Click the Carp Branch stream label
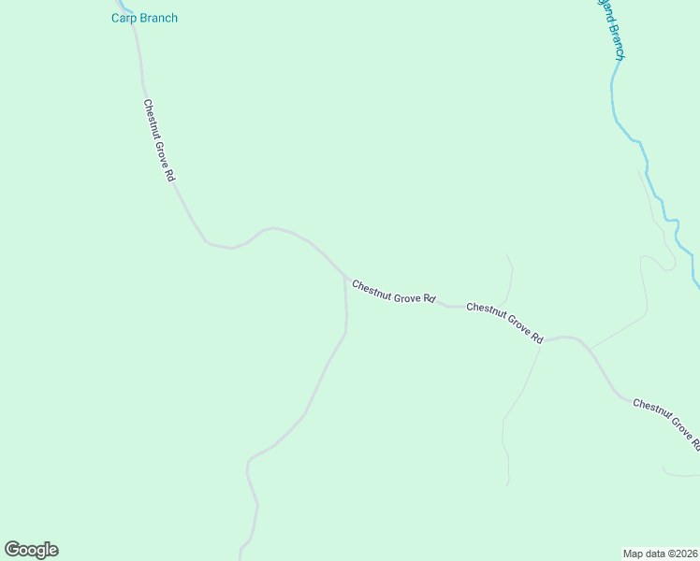click(144, 18)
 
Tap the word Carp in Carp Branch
click(124, 18)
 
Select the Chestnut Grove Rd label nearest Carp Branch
click(159, 140)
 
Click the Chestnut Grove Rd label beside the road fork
click(394, 291)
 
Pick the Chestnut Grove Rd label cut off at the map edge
click(665, 420)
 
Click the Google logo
click(31, 550)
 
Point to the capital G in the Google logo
click(11, 549)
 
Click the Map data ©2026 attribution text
click(661, 553)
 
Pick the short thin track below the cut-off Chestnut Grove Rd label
click(681, 474)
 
